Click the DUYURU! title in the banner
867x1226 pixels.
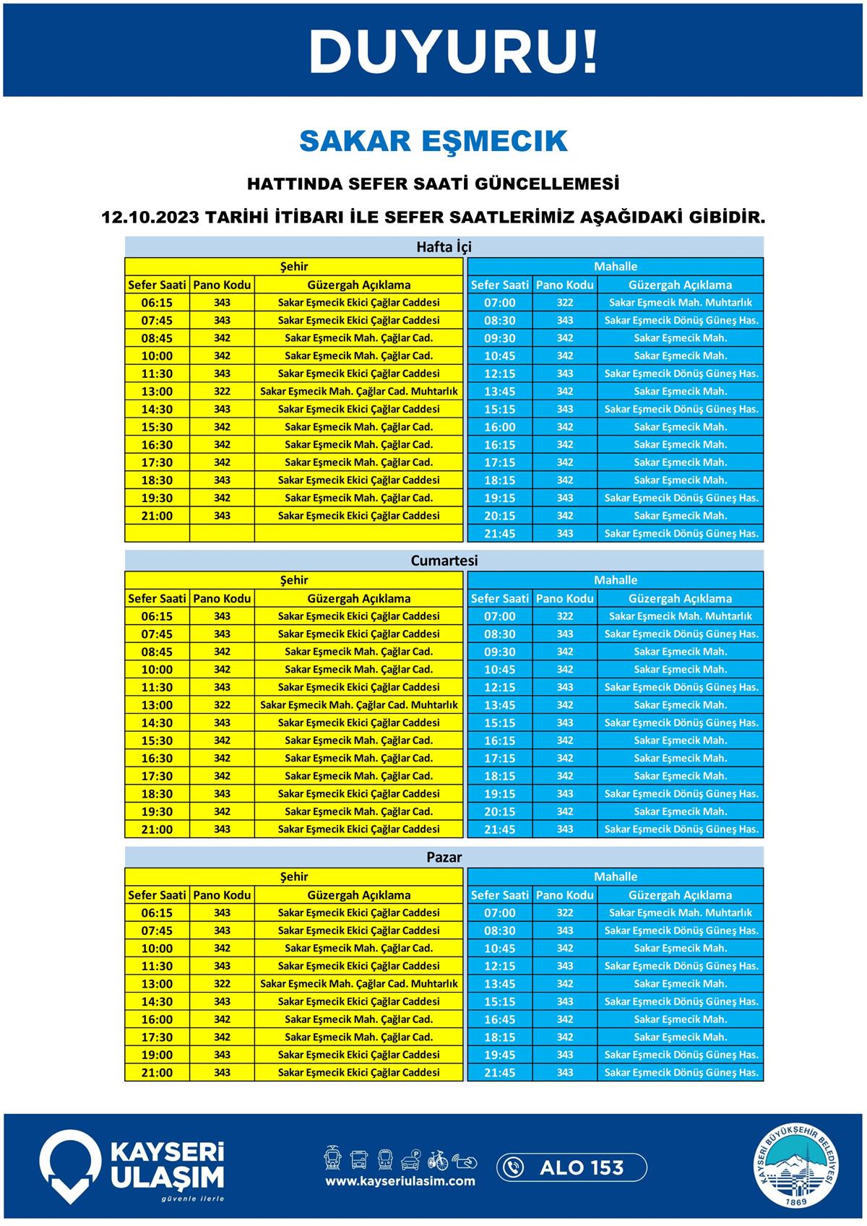tap(453, 51)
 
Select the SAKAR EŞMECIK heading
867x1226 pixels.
tap(433, 141)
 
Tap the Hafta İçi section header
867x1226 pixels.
tap(444, 247)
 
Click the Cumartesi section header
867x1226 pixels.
tap(444, 561)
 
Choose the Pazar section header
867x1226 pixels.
tap(444, 858)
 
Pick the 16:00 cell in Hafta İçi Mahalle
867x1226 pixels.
tap(499, 427)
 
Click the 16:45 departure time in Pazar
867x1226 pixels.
tap(499, 1019)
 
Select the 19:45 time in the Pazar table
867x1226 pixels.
tap(499, 1055)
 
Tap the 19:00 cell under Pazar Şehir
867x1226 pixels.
tap(157, 1055)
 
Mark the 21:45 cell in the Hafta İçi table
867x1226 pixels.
tap(499, 534)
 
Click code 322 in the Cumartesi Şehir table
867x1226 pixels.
tap(222, 705)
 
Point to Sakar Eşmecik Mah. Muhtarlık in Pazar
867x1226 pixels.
tap(680, 913)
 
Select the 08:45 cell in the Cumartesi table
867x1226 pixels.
tap(157, 652)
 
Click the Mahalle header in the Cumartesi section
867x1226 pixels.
tap(616, 580)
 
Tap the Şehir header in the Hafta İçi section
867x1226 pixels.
tap(294, 267)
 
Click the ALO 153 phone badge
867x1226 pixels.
tap(571, 1167)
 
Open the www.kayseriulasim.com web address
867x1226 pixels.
tap(400, 1181)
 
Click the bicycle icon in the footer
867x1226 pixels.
tap(438, 1160)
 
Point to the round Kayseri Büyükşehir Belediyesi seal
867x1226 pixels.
tap(798, 1167)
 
